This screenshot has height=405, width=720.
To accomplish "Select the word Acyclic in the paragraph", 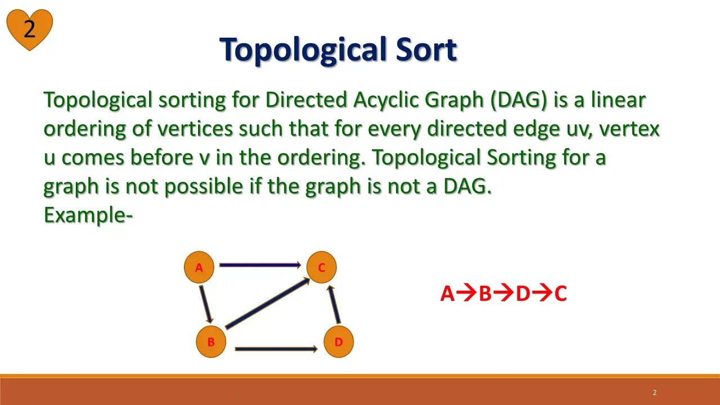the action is tap(386, 101).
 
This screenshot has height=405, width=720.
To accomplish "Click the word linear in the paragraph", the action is tap(618, 100).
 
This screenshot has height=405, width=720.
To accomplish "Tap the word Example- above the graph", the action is tap(88, 215).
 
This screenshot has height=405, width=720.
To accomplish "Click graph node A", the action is tap(199, 267).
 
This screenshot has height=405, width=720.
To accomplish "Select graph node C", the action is tap(321, 267).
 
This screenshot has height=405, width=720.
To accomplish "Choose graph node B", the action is tap(211, 341).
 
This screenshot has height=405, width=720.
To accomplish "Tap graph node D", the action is tap(339, 341).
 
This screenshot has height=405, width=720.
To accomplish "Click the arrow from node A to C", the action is tap(260, 265).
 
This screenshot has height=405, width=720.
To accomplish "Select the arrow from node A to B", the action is tap(206, 304).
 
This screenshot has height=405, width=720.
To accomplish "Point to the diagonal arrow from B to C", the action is tap(267, 303).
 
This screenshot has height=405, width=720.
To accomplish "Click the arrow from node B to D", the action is tap(276, 349).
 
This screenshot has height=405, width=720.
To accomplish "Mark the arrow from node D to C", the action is tap(334, 304).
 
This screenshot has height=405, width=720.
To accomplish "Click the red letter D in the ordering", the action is tap(523, 294).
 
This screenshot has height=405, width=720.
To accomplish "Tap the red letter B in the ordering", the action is tap(485, 294).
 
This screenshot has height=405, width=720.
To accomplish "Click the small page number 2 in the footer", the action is tap(655, 393).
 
